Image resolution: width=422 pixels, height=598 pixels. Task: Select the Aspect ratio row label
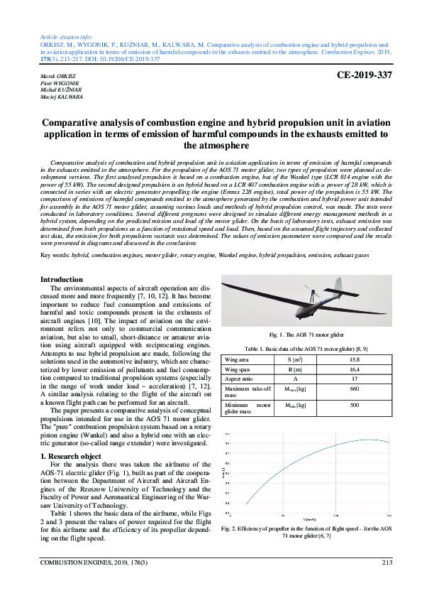point(238,379)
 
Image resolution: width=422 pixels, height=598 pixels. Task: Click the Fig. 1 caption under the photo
point(306,335)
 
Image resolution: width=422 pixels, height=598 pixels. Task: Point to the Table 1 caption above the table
point(306,349)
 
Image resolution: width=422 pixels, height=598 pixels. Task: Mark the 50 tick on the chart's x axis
point(283,516)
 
